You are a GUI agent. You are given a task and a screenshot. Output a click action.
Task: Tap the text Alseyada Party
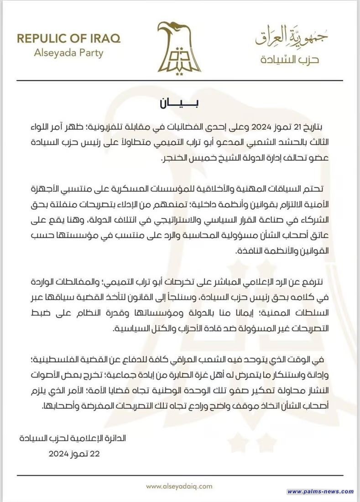(x=69, y=52)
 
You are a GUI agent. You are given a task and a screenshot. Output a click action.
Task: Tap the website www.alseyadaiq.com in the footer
(x=179, y=486)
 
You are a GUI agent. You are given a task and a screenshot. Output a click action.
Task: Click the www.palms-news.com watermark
(x=321, y=492)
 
